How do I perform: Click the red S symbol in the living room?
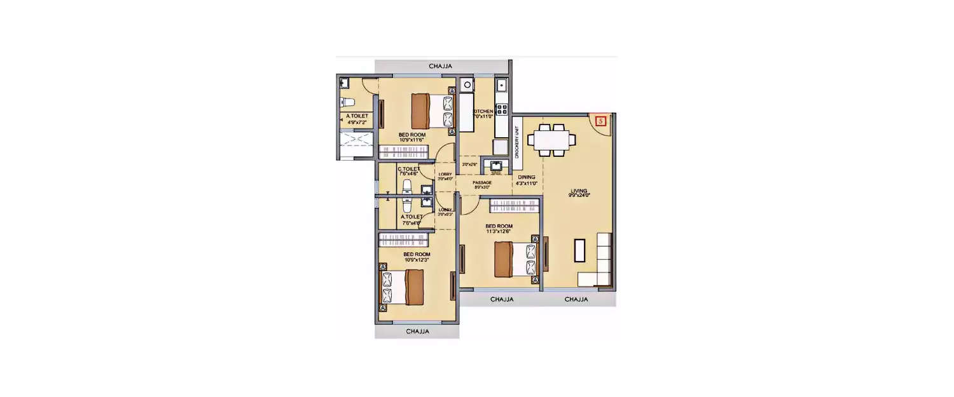coord(598,119)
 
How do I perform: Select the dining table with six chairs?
coord(553,140)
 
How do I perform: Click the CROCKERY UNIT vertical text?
coord(517,143)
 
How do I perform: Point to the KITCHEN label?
coord(483,112)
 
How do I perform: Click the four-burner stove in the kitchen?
coord(502,109)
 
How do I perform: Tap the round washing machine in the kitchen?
coord(466,84)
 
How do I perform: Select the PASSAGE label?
coord(482,183)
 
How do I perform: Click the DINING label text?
coord(526,177)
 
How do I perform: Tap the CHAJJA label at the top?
coord(441,66)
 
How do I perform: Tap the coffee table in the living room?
coord(579,250)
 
